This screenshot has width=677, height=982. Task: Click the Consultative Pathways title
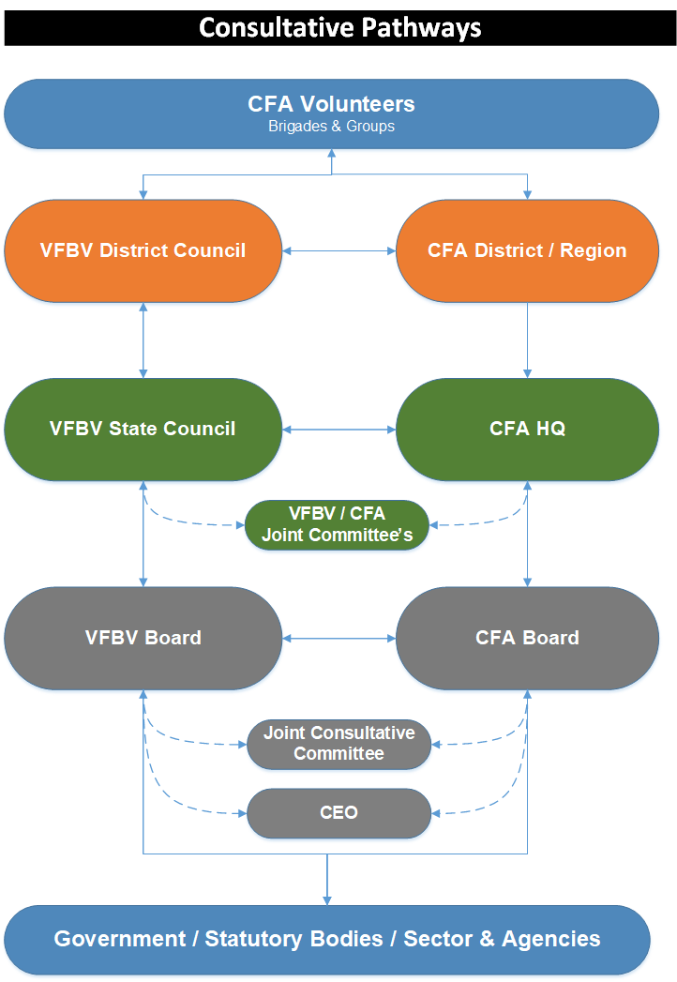point(339,27)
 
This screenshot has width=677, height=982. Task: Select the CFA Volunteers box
point(331,113)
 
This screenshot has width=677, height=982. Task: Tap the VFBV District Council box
point(143,250)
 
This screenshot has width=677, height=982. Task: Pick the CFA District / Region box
point(526,250)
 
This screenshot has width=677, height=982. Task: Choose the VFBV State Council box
point(143,430)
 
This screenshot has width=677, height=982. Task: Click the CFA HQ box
point(526,430)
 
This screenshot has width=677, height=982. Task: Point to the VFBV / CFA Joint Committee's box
point(337,525)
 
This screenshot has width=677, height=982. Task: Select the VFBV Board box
point(143,638)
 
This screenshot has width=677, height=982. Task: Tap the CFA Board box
point(526,638)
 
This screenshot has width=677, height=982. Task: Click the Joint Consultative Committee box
point(338,744)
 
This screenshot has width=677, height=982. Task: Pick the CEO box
point(338,812)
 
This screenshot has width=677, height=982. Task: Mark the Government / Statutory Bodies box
point(327,939)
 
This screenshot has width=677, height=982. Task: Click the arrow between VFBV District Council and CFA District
point(338,250)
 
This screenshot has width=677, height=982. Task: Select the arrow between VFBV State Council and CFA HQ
point(338,430)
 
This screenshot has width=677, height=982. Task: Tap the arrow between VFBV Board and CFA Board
point(338,639)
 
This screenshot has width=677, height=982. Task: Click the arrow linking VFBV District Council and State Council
point(143,340)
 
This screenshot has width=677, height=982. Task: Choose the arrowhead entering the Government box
point(327,899)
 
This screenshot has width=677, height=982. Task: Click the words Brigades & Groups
point(331,126)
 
